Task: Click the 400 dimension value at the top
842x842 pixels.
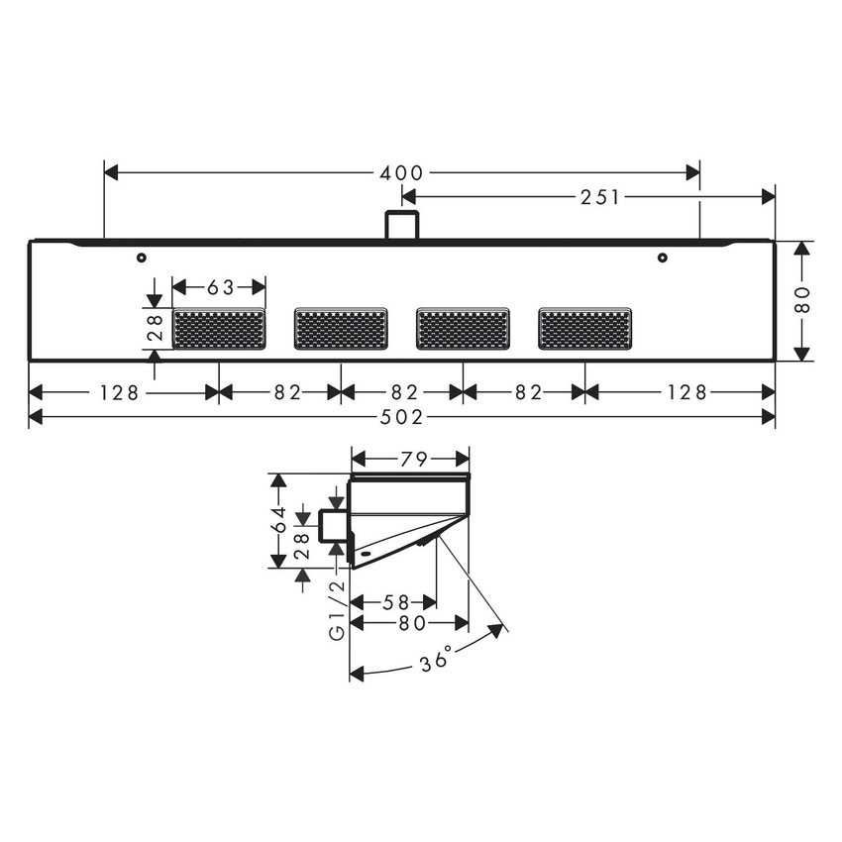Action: pyautogui.click(x=402, y=173)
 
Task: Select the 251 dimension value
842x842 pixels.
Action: pyautogui.click(x=601, y=197)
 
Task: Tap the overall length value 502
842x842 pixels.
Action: pyautogui.click(x=402, y=418)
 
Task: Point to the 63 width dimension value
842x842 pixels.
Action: pyautogui.click(x=220, y=287)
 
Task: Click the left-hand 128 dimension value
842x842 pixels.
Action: pyautogui.click(x=118, y=392)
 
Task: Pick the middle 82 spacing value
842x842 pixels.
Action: pyautogui.click(x=402, y=392)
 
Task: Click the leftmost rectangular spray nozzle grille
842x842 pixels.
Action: pyautogui.click(x=219, y=329)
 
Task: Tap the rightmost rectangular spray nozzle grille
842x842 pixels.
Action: pyautogui.click(x=584, y=329)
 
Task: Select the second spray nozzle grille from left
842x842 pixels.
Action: pyautogui.click(x=341, y=329)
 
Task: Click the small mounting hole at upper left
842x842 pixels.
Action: pyautogui.click(x=142, y=258)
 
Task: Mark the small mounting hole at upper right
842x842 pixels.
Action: pyautogui.click(x=663, y=258)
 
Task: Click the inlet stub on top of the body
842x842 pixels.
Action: pyautogui.click(x=401, y=225)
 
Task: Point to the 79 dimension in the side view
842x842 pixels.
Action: pyautogui.click(x=411, y=459)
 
